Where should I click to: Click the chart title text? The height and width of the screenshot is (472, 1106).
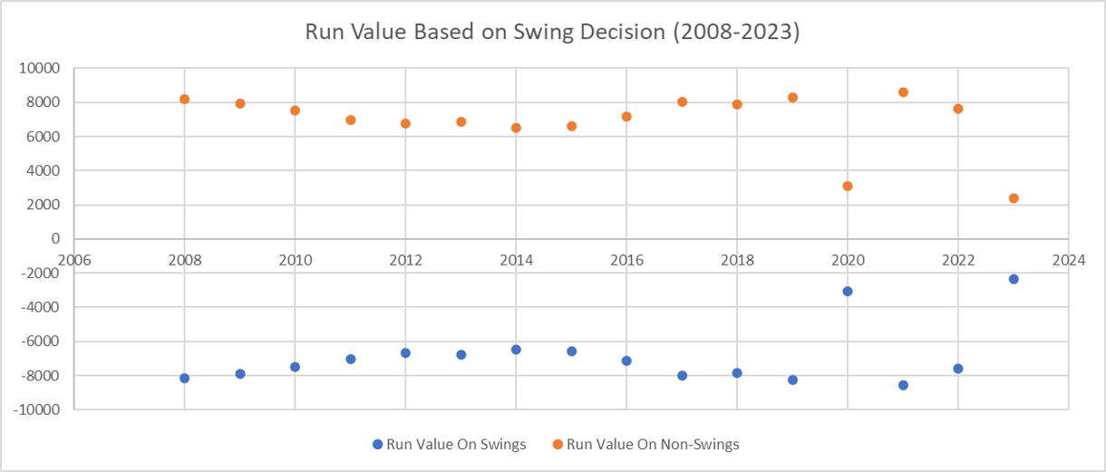552,32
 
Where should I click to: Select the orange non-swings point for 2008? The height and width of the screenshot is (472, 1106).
185,99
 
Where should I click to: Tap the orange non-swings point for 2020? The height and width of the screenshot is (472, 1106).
848,186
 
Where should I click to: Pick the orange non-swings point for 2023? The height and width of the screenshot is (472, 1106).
1014,198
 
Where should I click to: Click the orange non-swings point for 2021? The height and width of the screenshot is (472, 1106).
903,92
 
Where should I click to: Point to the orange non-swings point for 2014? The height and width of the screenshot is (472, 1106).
516,128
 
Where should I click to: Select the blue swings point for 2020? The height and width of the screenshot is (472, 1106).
848,292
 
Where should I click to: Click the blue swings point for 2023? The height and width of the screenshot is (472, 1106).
1014,279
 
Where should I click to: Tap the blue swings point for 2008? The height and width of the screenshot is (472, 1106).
185,379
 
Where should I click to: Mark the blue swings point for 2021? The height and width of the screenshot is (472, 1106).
903,385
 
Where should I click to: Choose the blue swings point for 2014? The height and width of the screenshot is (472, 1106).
516,350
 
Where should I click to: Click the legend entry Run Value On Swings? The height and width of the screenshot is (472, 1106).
450,445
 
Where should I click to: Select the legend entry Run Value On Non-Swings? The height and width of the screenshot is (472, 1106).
645,445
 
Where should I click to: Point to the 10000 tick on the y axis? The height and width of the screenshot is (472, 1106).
39,68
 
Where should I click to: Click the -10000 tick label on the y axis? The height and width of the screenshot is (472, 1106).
36,409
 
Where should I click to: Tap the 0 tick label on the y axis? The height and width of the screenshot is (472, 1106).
55,238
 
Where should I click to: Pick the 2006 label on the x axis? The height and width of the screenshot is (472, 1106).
74,260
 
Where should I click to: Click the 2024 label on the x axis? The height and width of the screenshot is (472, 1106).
1069,260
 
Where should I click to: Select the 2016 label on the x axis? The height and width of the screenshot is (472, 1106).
626,260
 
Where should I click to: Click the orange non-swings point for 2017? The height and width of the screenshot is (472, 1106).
683,102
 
